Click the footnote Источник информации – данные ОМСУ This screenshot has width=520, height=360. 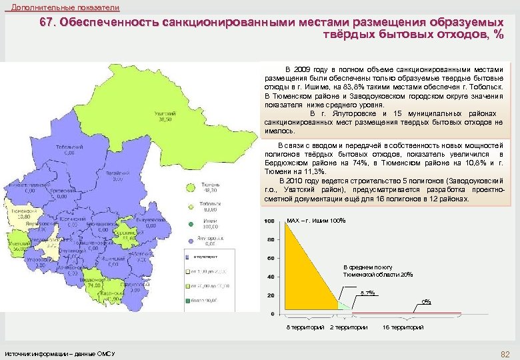tap(60, 353)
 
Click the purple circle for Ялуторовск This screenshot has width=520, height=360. tap(191, 239)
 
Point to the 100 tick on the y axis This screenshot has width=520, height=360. tap(270, 221)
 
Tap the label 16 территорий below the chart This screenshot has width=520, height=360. tap(403, 327)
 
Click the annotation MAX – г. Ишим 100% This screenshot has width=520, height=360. tap(315, 221)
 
